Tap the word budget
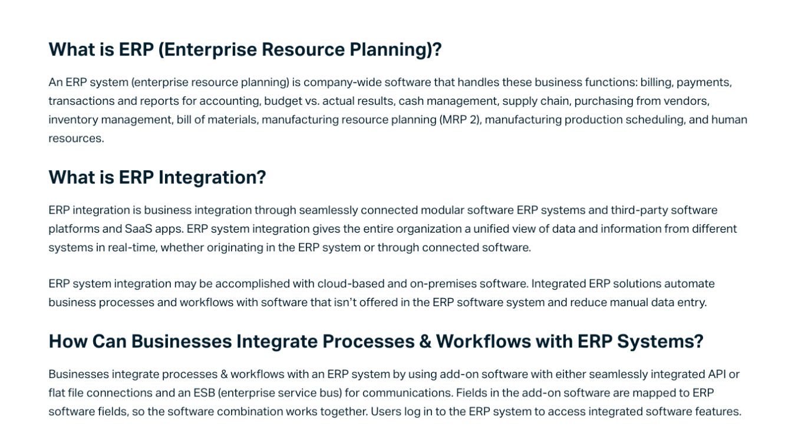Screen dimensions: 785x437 coord(283,101)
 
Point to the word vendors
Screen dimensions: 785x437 coord(687,101)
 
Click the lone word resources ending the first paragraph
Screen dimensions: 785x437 coord(75,138)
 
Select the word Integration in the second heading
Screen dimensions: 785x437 coord(212,177)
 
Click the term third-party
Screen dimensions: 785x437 coord(639,210)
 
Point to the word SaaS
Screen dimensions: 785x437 coord(138,229)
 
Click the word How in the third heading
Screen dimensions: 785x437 coord(68,342)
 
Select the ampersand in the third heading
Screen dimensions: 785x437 coord(425,342)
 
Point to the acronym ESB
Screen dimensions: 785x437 coord(204,393)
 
